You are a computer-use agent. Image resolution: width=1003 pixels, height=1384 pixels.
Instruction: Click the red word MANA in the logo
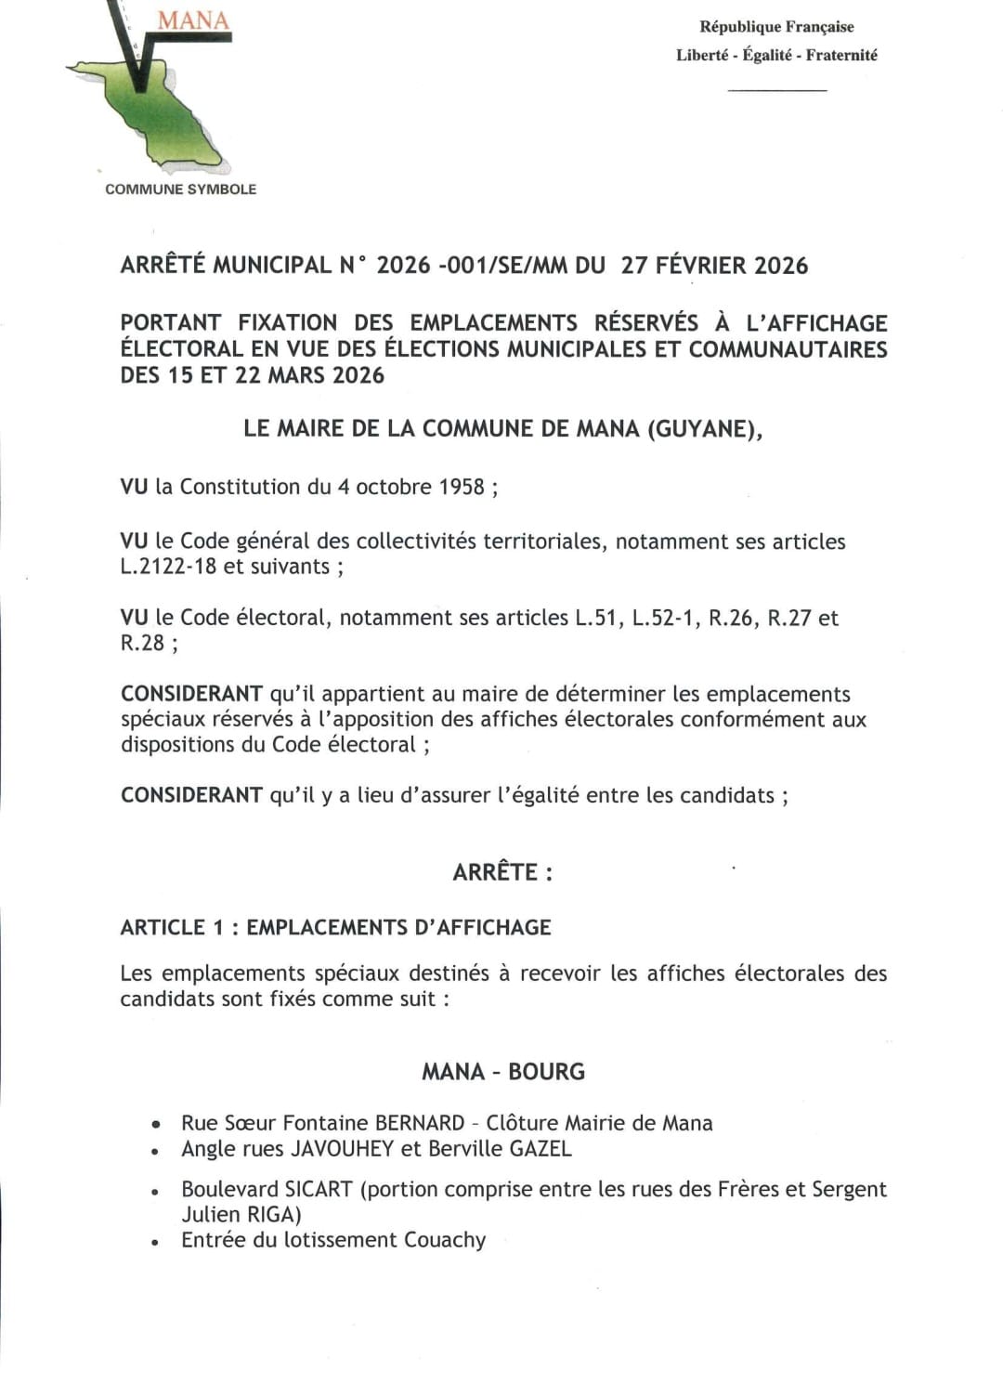pos(193,20)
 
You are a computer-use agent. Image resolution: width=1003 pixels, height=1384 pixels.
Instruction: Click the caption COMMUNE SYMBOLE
pos(180,189)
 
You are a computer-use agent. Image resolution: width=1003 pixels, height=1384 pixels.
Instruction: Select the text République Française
pos(776,27)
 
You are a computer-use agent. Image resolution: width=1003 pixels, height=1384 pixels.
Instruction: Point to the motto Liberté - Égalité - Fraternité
pos(776,56)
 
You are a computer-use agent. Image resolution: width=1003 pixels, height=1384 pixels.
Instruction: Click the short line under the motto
pos(777,90)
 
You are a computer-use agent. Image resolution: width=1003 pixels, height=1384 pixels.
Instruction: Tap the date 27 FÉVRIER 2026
pos(714,266)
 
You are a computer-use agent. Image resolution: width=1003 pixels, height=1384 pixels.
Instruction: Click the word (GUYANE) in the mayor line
pos(705,429)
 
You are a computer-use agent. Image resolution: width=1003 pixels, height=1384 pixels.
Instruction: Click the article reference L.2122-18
pos(169,567)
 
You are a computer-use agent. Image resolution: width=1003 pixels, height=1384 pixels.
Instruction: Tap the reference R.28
pos(142,643)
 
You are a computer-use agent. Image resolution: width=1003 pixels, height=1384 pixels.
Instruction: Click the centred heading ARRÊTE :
pos(502,872)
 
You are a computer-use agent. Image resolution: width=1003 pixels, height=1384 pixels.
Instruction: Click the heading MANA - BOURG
pos(503,1072)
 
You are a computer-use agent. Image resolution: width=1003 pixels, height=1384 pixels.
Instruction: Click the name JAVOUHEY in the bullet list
pos(342,1149)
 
